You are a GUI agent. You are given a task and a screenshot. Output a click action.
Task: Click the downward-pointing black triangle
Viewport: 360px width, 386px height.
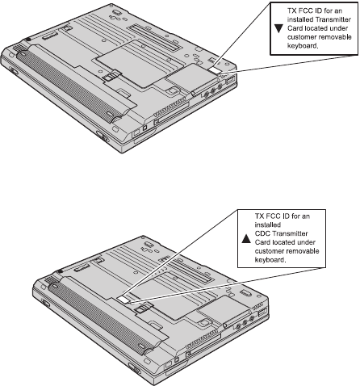tap(278, 28)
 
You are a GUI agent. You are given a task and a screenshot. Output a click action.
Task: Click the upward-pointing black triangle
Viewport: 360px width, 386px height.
tap(246, 239)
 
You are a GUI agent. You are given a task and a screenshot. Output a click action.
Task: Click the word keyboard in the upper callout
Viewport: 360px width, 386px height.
tap(303, 46)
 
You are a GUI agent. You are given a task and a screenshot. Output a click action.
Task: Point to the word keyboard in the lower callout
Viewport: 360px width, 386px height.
tap(270, 260)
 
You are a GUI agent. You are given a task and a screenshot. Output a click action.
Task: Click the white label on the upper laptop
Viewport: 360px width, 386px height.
tap(215, 70)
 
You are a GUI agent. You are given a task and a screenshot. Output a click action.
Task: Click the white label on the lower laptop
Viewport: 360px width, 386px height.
tap(123, 300)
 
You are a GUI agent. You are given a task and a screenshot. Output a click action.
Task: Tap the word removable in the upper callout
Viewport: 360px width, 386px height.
tap(335, 37)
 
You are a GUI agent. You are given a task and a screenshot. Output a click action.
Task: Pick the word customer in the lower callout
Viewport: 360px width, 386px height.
tap(270, 251)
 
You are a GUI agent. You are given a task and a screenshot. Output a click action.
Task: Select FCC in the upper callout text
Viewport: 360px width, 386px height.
tap(304, 10)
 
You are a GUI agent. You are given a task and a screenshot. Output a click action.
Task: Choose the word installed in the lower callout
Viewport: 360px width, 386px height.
tap(264, 224)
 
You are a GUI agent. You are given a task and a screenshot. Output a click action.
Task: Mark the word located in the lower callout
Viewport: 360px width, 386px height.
tap(283, 242)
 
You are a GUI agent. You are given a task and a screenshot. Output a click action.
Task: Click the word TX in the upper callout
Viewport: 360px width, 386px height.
tap(291, 10)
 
